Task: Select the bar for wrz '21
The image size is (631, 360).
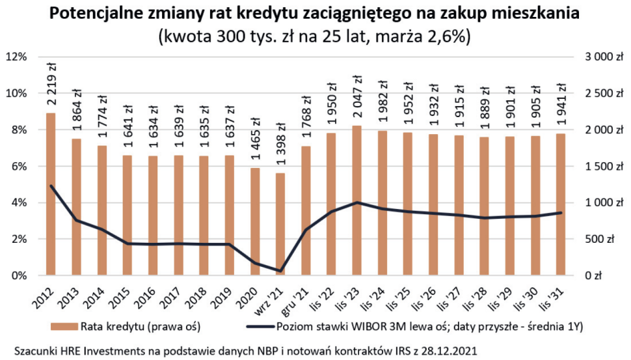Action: pyautogui.click(x=280, y=224)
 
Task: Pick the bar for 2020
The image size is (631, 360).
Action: pyautogui.click(x=254, y=221)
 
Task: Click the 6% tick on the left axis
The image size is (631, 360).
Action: pyautogui.click(x=18, y=166)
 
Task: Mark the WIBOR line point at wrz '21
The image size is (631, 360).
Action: pyautogui.click(x=280, y=271)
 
